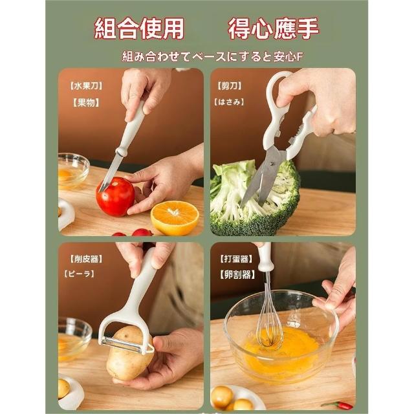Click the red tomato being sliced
coord(115,197)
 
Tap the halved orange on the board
coord(175,217)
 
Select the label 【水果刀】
coord(86,86)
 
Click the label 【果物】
coord(86,102)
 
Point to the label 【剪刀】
coord(229,86)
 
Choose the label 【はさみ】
coord(229,102)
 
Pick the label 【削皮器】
coord(86,259)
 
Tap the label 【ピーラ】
coord(79,274)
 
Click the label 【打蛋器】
coord(236,259)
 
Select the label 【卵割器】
coord(237,274)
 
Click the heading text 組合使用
coord(139,28)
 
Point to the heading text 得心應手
coord(273,28)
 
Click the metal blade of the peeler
coord(122,344)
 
